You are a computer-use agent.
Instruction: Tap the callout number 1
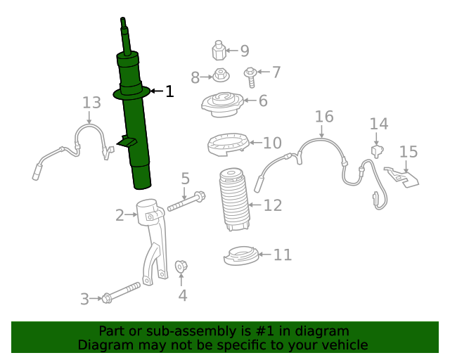click(169, 91)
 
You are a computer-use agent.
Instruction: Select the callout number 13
click(91, 103)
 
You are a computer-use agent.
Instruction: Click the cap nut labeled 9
click(219, 51)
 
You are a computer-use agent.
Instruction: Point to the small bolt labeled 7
click(250, 73)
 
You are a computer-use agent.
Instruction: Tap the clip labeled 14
click(378, 150)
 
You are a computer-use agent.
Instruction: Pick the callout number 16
click(323, 116)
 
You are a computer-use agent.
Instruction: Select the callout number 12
click(273, 205)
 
